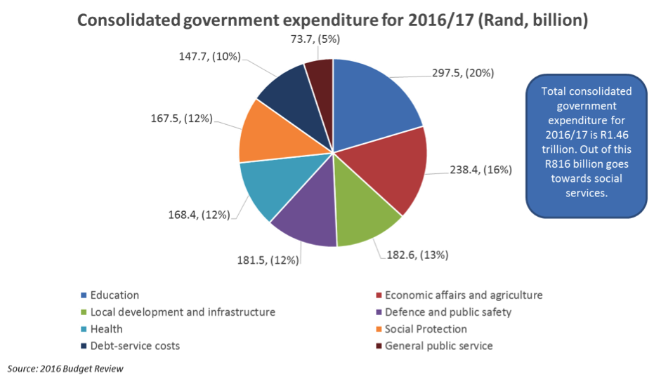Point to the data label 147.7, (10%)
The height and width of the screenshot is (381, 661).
(x=204, y=55)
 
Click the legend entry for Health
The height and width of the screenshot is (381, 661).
(x=105, y=329)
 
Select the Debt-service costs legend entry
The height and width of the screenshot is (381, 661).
(x=134, y=346)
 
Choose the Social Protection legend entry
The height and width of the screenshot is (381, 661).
(x=426, y=329)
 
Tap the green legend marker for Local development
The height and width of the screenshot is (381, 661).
(x=84, y=312)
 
